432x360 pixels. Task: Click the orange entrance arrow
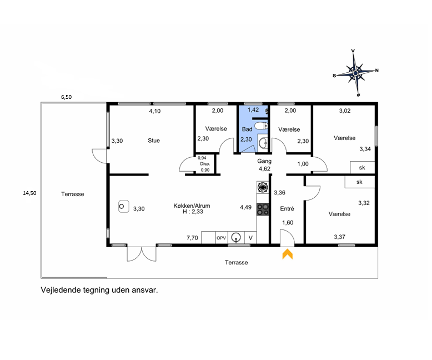[x=288, y=254]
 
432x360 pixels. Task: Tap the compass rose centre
[x=355, y=73]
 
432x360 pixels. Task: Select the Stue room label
[x=154, y=141]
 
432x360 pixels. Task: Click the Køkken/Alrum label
[x=192, y=206]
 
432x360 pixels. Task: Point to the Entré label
[x=287, y=209]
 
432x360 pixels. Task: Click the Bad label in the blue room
[x=247, y=129]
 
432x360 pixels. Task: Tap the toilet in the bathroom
[x=261, y=126]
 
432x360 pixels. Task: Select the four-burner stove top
[x=263, y=209]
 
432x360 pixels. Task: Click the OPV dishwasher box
[x=221, y=238]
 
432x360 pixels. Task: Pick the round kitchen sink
[x=236, y=237]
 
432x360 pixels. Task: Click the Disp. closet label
[x=205, y=164]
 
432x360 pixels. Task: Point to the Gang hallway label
[x=264, y=161]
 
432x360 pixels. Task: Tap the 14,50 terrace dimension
[x=29, y=193]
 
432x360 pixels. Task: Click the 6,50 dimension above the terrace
[x=67, y=97]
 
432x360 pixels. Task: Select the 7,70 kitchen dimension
[x=192, y=238]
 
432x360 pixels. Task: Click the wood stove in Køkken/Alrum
[x=124, y=206]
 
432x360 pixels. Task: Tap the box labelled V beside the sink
[x=250, y=238]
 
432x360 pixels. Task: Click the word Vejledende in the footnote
[x=61, y=290]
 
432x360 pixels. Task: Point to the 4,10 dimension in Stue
[x=155, y=111]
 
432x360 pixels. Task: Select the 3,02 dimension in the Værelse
[x=345, y=111]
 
